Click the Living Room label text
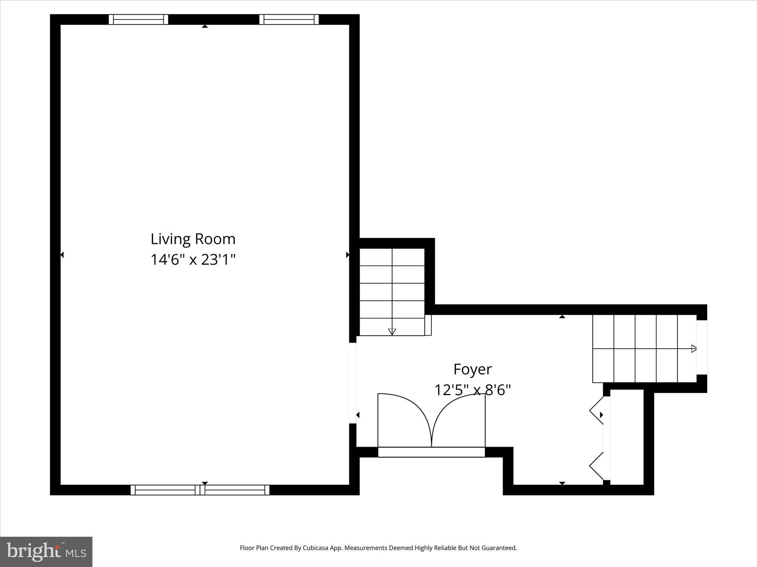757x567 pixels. tap(193, 239)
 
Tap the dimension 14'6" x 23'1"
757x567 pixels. tap(193, 260)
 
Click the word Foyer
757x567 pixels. tap(472, 369)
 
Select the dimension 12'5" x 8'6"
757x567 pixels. tap(472, 390)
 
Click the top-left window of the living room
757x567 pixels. tap(139, 19)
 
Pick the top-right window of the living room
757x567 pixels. tap(289, 19)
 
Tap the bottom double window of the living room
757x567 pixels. tap(200, 490)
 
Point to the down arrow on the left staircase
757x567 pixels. tap(392, 331)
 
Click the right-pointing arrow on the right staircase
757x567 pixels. tap(693, 348)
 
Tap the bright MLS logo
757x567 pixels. tap(46, 551)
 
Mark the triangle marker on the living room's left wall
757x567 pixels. tap(62, 255)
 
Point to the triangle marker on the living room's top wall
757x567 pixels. tap(205, 26)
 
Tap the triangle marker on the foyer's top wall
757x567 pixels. tap(562, 317)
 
